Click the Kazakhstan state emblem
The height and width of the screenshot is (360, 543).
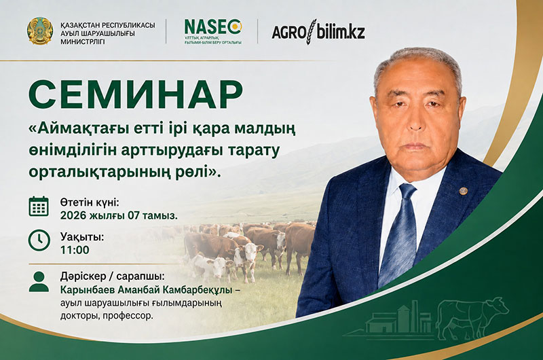pos(40,31)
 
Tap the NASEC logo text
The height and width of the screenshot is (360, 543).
pos(213,27)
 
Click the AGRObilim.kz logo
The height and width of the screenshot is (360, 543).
pos(318,32)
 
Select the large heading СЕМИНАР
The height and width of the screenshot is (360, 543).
pos(135,94)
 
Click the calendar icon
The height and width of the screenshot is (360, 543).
pos(39,206)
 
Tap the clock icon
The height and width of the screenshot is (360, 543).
pos(39,240)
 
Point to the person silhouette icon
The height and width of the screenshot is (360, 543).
pos(39,282)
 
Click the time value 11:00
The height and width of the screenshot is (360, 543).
pos(75,249)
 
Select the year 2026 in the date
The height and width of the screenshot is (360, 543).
pos(73,215)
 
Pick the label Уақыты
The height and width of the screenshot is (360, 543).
pos(82,237)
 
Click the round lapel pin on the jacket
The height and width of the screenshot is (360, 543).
pos(463,191)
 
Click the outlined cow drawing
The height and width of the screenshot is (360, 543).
pos(472,318)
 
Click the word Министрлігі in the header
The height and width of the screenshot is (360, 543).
pos(82,41)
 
